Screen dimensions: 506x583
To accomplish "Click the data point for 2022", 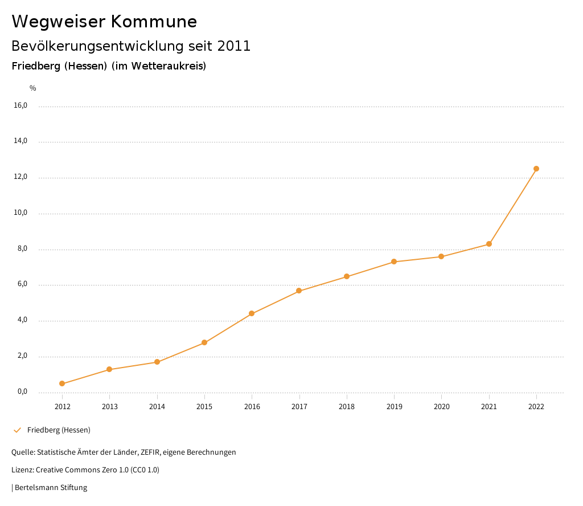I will coord(536,169).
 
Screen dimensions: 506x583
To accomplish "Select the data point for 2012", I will coord(62,383).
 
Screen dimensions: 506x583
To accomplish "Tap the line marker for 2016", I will coord(252,313).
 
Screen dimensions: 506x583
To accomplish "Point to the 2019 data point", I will coord(394,262).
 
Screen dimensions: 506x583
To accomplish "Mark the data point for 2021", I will coord(489,244).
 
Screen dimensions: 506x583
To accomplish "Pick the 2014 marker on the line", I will coord(157,362).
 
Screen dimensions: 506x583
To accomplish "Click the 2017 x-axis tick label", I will coord(299,407).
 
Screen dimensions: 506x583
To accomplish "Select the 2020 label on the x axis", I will coord(441,407).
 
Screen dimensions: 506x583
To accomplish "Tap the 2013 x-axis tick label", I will coord(109,407).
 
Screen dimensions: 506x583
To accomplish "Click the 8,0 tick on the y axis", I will coord(22,249).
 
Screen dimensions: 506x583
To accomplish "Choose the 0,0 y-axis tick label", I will coord(22,392).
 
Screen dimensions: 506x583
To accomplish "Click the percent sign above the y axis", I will coord(33,88).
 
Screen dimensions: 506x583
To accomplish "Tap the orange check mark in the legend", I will coord(17,430).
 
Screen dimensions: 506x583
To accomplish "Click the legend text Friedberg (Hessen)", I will coord(59,430).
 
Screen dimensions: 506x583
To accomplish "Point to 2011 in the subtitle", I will coord(234,46).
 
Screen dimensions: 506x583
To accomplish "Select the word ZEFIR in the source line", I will coord(152,452).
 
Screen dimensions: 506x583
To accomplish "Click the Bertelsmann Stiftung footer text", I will coord(51,488).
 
